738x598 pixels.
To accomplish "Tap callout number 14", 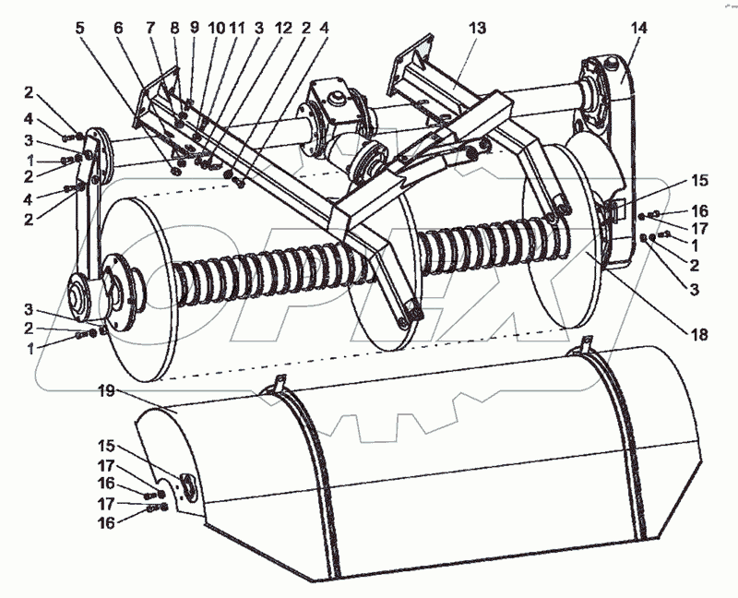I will click(x=638, y=29).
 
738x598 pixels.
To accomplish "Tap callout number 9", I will click(x=196, y=29).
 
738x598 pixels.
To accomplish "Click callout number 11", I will click(x=238, y=29).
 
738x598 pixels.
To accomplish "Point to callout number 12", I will click(x=282, y=29).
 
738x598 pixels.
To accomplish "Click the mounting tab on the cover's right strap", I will click(x=583, y=348).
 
